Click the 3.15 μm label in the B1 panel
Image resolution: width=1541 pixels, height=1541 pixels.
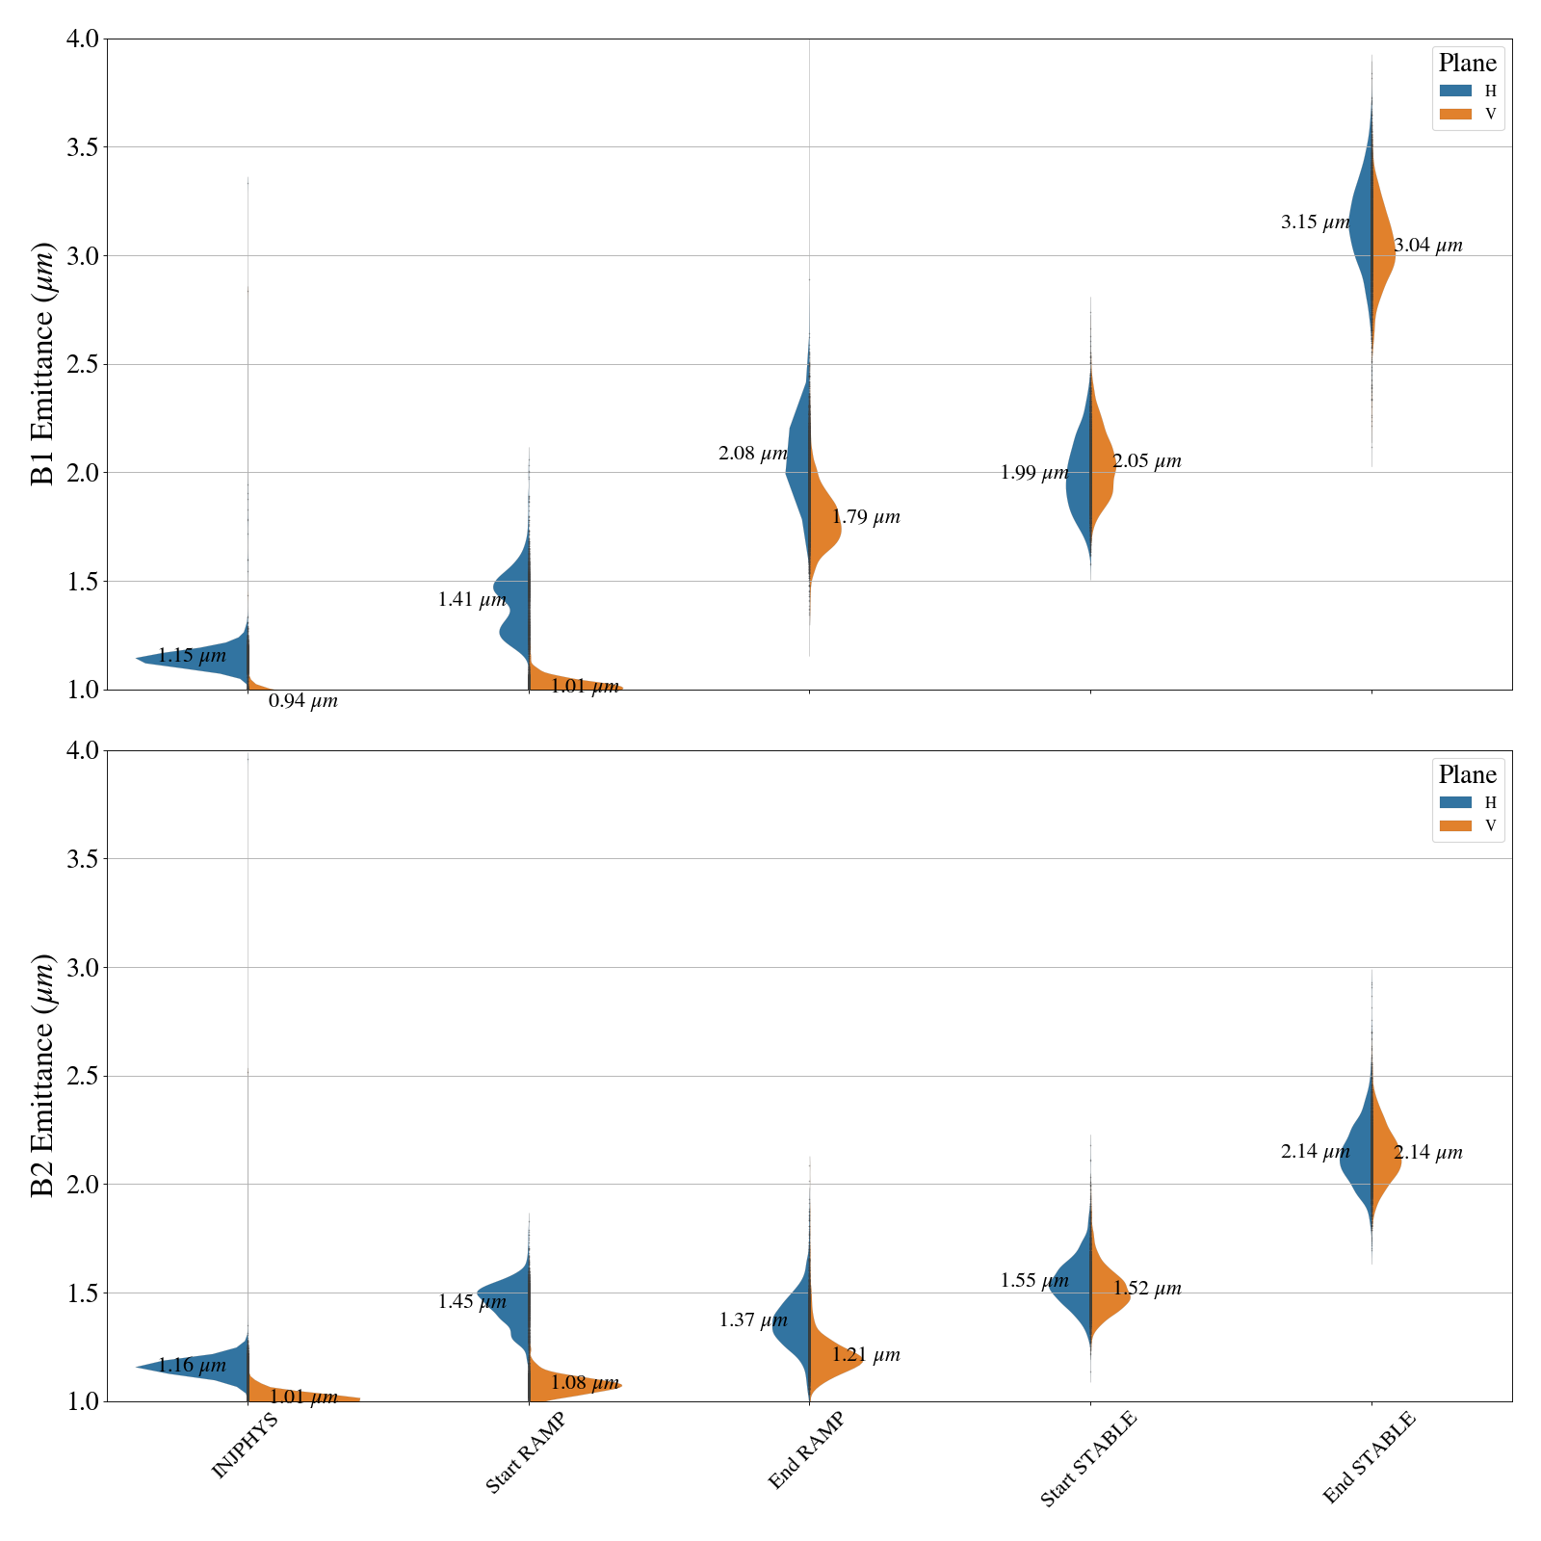(1315, 222)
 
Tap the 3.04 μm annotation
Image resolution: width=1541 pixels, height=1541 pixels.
(1427, 246)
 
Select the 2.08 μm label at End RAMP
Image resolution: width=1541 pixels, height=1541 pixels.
(752, 454)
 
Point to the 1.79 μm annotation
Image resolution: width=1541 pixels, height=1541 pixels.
(866, 517)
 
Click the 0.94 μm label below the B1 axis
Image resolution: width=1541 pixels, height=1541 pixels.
(302, 701)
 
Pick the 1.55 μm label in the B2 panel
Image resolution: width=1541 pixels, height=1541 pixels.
(1033, 1281)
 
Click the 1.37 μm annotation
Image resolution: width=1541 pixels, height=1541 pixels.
(752, 1320)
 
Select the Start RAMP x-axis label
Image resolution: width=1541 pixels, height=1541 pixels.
(525, 1453)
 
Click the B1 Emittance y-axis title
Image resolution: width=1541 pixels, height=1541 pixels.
(43, 364)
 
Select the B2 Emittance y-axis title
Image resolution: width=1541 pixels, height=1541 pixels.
(43, 1076)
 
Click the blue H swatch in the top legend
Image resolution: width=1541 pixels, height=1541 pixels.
(1455, 91)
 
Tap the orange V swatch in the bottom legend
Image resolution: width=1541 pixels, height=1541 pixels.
(1455, 825)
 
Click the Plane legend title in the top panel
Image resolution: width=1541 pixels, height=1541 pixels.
(1467, 64)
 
